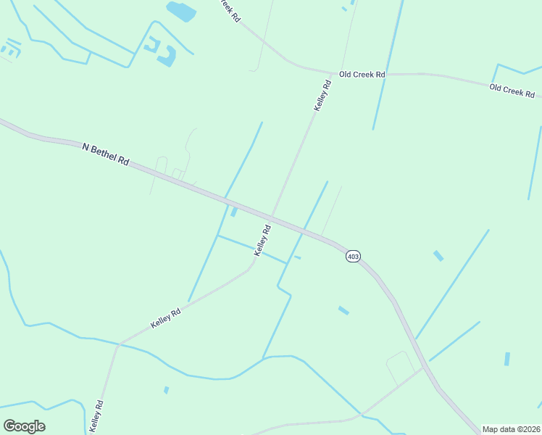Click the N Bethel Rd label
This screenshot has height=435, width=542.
click(x=105, y=154)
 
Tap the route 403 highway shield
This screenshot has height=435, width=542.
click(x=353, y=257)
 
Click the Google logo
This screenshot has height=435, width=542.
click(x=24, y=426)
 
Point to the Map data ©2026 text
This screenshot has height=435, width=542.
click(x=510, y=429)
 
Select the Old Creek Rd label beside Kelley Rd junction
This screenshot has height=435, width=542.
click(x=362, y=74)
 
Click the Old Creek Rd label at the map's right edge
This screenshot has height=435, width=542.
click(x=512, y=91)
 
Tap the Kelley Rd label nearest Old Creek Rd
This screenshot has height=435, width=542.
click(x=322, y=96)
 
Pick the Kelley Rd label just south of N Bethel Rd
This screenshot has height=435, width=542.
click(x=262, y=239)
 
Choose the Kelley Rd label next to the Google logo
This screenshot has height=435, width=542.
click(x=96, y=415)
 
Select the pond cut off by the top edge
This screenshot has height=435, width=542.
click(x=181, y=10)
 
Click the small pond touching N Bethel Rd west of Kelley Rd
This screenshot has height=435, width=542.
click(x=233, y=211)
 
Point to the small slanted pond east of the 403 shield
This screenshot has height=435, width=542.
click(x=438, y=255)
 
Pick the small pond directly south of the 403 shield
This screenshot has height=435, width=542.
click(x=343, y=310)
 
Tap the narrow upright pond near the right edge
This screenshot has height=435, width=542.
click(x=507, y=358)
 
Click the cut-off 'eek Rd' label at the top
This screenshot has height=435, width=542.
click(x=230, y=9)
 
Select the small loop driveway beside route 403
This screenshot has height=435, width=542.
click(x=398, y=367)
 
